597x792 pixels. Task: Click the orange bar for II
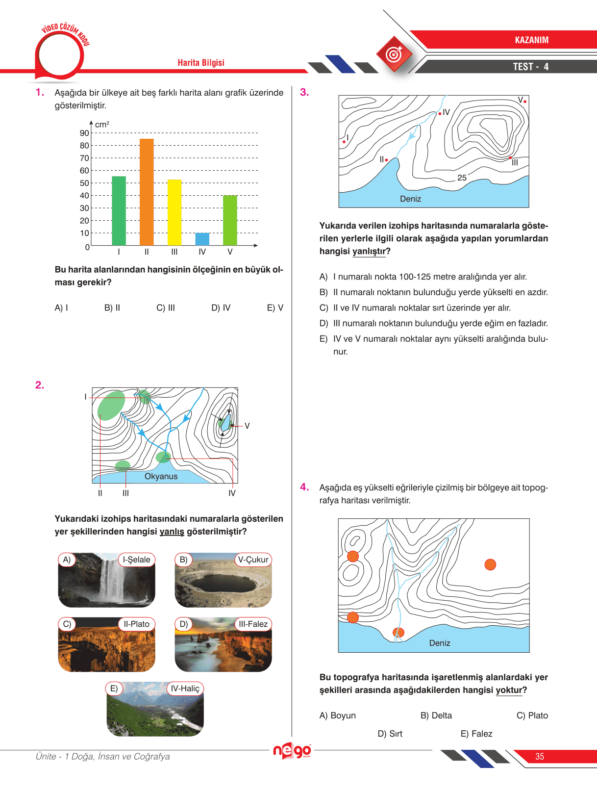click(x=147, y=192)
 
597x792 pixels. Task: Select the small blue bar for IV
click(x=202, y=239)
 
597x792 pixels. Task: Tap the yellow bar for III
click(x=174, y=212)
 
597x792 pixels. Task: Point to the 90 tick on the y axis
click(x=84, y=133)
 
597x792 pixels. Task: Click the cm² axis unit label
click(x=102, y=125)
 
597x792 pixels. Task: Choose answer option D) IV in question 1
click(x=221, y=308)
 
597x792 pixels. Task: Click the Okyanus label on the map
click(x=161, y=476)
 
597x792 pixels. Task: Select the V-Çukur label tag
click(x=253, y=560)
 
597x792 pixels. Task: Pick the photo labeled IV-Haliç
click(x=155, y=710)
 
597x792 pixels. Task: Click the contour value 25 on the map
click(x=462, y=178)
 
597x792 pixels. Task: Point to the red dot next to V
click(x=525, y=102)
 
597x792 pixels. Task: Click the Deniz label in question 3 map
click(x=410, y=199)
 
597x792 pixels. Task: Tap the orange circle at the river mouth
click(x=398, y=633)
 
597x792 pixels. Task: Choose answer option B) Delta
click(x=436, y=715)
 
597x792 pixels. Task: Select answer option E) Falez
click(x=476, y=734)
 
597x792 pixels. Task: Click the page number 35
click(x=540, y=756)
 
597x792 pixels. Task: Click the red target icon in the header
click(x=394, y=54)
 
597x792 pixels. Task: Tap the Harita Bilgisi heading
click(x=201, y=63)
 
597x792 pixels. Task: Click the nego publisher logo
click(x=292, y=750)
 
